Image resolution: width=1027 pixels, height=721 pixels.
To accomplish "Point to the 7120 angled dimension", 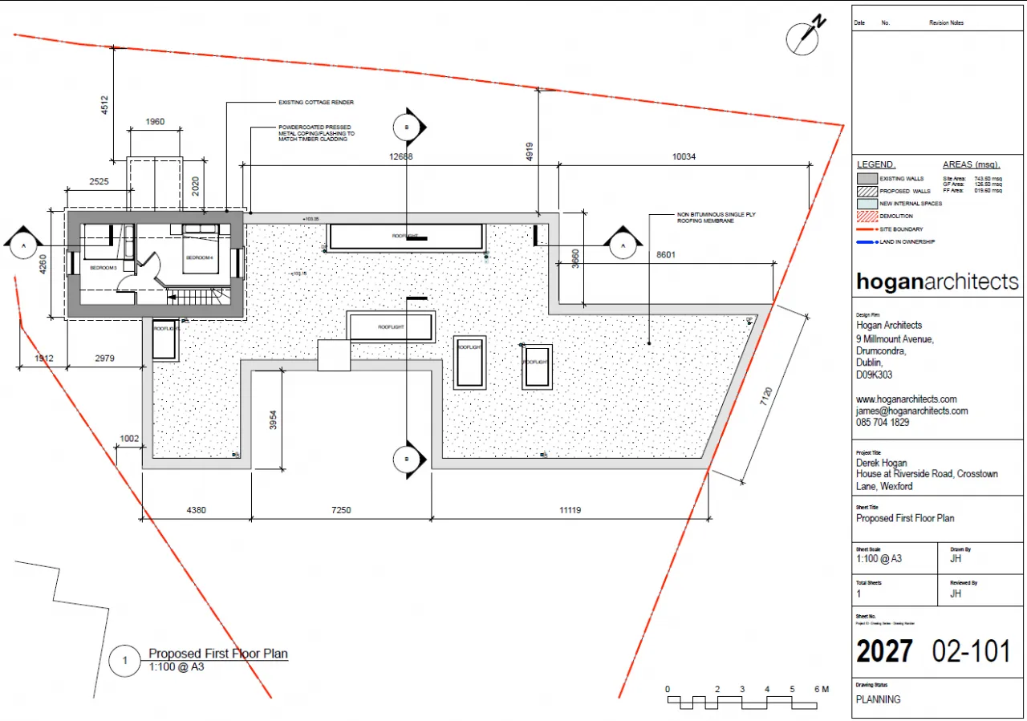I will pos(767,399).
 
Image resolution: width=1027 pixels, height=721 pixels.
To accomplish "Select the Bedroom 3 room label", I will pos(103,267).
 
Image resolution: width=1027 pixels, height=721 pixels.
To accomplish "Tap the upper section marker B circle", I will pos(406,127).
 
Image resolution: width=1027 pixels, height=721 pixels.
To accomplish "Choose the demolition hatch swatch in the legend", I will pos(867,217).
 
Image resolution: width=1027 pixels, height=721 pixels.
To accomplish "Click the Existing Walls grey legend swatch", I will pos(867,179).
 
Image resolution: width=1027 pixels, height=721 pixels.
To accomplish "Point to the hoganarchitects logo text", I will pos(937,282).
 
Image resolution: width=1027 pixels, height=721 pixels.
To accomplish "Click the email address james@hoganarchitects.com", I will pos(911,411).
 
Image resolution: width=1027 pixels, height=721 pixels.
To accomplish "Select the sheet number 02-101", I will pos(971,651).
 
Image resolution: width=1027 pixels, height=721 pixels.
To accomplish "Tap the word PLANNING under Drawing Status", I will pos(879,699).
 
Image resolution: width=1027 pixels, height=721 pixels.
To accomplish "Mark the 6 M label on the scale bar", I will pos(820,690).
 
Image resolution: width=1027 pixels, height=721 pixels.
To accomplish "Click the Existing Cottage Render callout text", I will pos(315,103).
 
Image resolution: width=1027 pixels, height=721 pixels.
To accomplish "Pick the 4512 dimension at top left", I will pos(105,107).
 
